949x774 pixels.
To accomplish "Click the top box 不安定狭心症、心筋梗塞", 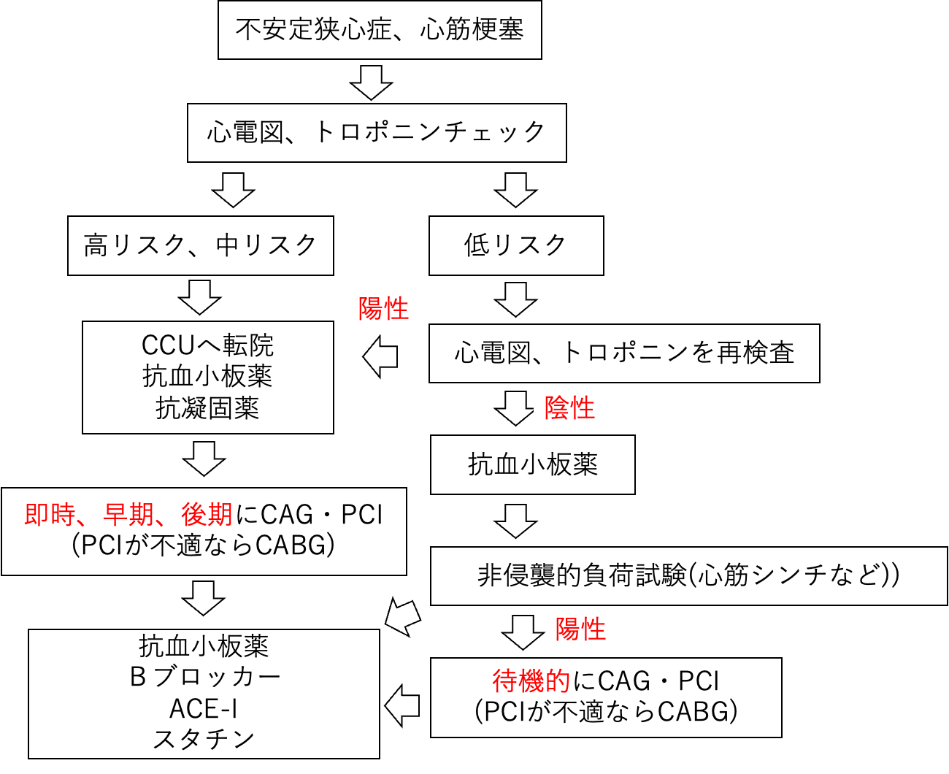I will (x=380, y=30).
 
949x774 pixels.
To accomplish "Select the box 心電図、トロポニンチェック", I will (x=377, y=132).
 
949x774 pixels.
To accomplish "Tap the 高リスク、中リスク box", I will (x=200, y=245).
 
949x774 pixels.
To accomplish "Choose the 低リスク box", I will (x=515, y=245).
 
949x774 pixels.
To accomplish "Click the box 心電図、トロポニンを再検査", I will (x=623, y=353).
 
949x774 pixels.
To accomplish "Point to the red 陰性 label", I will (x=570, y=408).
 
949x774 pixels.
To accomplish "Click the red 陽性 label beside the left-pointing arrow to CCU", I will (x=384, y=309).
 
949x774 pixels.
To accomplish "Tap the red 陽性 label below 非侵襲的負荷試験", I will (x=581, y=629).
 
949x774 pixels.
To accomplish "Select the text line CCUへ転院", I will (x=207, y=345).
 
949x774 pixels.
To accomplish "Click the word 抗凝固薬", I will (x=207, y=408).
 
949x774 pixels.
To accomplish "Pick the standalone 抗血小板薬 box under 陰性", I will (x=532, y=464).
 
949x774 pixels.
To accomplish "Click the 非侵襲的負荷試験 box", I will (x=688, y=575).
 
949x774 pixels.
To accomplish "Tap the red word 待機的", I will (x=531, y=681).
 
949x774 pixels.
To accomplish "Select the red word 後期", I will (x=207, y=515).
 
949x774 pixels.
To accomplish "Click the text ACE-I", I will (x=204, y=708).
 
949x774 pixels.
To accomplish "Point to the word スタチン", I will (x=204, y=739).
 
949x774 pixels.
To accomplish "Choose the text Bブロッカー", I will (x=204, y=677).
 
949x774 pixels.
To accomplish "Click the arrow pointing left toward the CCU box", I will (x=380, y=357).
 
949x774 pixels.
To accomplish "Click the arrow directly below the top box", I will (x=371, y=82).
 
